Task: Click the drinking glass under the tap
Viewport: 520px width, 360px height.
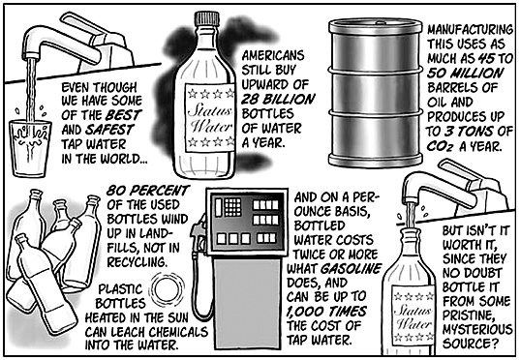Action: [29, 148]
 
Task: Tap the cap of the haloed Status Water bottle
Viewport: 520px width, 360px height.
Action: [207, 19]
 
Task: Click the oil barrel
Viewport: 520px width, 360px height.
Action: [375, 93]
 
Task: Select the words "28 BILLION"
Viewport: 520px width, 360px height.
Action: [278, 99]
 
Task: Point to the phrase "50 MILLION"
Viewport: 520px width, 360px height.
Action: [465, 73]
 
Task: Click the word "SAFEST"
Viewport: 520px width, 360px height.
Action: [109, 130]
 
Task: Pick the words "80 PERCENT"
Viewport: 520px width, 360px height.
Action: [148, 191]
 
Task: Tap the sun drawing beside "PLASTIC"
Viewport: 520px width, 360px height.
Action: [168, 289]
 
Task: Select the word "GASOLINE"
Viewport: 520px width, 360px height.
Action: [352, 268]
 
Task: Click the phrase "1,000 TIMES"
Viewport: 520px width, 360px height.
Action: [326, 312]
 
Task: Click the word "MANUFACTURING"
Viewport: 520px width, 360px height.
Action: [470, 29]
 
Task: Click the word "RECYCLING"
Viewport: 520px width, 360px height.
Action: [137, 262]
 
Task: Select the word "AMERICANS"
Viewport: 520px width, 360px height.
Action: [273, 55]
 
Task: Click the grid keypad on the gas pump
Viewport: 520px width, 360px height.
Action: [232, 207]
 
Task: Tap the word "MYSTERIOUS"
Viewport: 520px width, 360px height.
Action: [477, 329]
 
